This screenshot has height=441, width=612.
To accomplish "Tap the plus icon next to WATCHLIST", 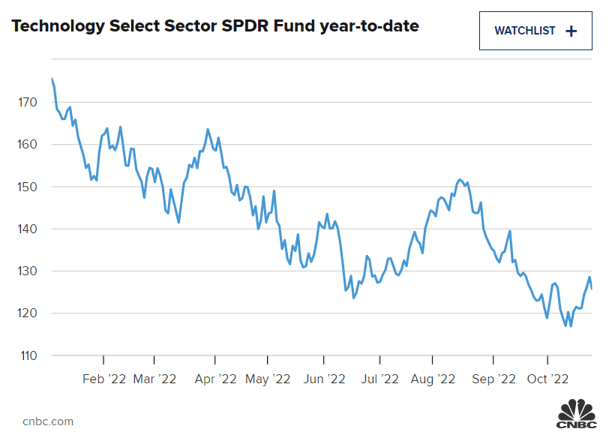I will [x=571, y=31].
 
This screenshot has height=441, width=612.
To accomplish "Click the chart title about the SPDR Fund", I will [x=215, y=27].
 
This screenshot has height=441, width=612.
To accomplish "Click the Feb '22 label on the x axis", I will [x=103, y=379].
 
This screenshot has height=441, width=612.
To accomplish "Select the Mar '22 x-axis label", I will [x=154, y=379].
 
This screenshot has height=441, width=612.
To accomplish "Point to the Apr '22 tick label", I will [x=216, y=379].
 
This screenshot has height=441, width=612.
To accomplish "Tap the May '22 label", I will [x=267, y=379].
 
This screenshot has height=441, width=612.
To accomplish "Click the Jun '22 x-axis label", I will [x=323, y=379].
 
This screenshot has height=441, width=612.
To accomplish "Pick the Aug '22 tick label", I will [x=434, y=379].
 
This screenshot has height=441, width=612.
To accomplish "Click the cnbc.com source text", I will [x=48, y=421].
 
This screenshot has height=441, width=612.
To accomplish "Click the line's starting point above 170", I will [x=52, y=78].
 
